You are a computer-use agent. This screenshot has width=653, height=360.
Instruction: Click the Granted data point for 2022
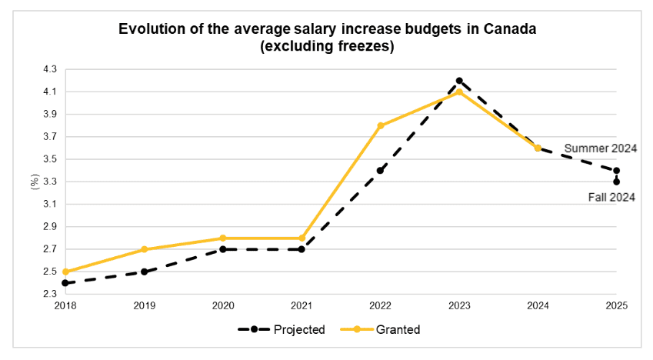tap(381, 125)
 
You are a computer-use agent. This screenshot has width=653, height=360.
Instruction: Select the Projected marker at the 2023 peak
tap(459, 81)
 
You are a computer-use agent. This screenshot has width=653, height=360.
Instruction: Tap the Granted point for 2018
tap(65, 272)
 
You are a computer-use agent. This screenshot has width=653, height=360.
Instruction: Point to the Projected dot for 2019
tap(144, 272)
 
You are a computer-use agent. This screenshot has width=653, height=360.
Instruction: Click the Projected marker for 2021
tap(302, 249)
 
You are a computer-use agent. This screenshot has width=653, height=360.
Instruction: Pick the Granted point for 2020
tap(223, 238)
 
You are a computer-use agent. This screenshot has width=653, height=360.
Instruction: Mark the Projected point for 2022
tap(381, 171)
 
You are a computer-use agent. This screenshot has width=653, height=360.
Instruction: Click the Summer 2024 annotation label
tap(601, 148)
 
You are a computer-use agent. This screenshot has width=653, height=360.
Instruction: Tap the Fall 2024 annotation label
tap(611, 198)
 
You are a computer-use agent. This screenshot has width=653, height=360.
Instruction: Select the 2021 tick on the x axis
tap(302, 305)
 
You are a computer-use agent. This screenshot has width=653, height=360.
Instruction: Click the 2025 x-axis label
tap(617, 305)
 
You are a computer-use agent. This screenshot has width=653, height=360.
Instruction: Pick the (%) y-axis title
tap(34, 182)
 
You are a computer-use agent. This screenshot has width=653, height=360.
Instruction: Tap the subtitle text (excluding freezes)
tap(327, 46)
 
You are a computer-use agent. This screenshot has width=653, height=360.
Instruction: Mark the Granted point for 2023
tap(459, 92)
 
